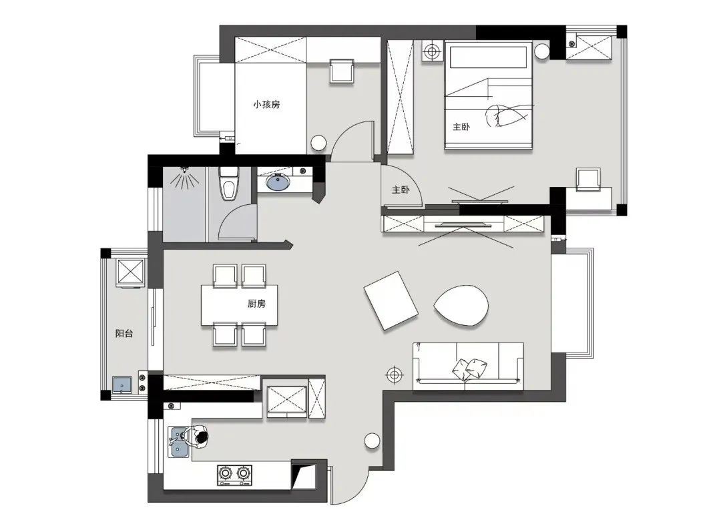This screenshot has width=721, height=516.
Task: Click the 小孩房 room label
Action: pos(266,104)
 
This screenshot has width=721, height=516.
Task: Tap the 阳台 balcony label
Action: pos(124,333)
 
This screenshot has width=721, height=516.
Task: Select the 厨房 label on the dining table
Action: pos(256,304)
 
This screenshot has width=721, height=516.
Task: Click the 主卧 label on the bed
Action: pos(461,126)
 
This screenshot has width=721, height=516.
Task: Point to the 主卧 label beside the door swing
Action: pos(401,190)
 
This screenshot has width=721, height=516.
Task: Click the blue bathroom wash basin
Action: pos(278,183)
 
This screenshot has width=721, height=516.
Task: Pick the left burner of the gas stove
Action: pos(226,473)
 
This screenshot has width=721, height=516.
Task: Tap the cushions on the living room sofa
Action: pos(470,368)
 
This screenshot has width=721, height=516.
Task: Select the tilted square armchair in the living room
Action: pos(391,300)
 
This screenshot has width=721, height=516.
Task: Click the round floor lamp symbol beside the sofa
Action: pos(394,375)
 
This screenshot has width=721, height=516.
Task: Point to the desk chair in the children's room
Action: pos(342,71)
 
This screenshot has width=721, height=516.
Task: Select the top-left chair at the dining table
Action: pos(225,276)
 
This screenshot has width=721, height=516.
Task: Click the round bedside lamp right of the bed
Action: pos(542,51)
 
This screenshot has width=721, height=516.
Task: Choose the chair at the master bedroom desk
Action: pos(589,180)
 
